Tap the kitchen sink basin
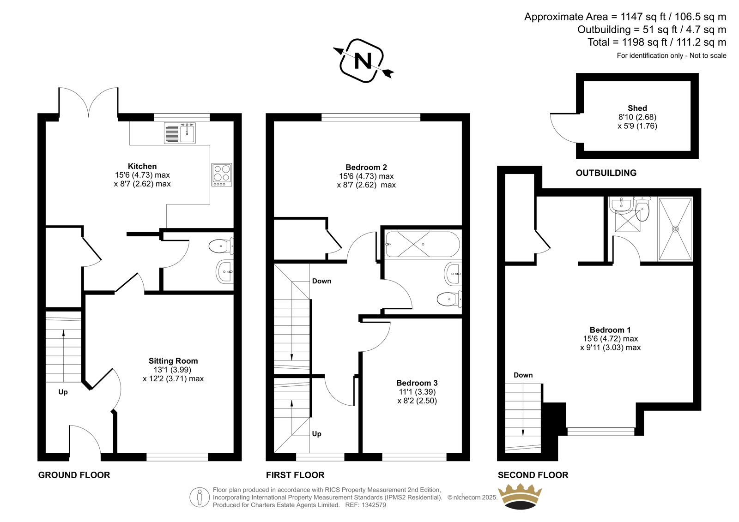coord(188,133)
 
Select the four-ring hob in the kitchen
coord(222,175)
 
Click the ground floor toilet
coord(221,246)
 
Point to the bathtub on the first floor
coord(423,244)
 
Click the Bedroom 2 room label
coord(366,167)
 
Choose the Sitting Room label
coord(173,361)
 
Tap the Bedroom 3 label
coord(417,383)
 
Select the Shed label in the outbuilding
coord(637,108)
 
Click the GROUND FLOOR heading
coord(74,475)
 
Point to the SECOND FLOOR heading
coord(533,475)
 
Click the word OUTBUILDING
coord(606,173)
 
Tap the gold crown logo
coord(520,496)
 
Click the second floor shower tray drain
coord(675,229)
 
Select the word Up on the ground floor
coord(63,392)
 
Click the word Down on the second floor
coord(523,375)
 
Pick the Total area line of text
coord(657,42)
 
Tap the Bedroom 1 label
coord(610,330)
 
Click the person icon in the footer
coord(200,497)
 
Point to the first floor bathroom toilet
coord(449,300)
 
